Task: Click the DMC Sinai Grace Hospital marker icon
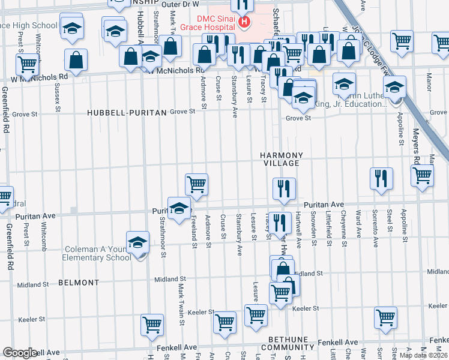pyautogui.click(x=244, y=23)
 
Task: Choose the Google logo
pyautogui.click(x=20, y=353)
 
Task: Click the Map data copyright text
pyautogui.click(x=423, y=355)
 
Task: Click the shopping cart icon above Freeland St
pyautogui.click(x=196, y=184)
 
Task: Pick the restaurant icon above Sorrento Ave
pyautogui.click(x=381, y=178)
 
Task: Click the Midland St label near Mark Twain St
pyautogui.click(x=170, y=279)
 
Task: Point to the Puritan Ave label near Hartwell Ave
pyautogui.click(x=323, y=205)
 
